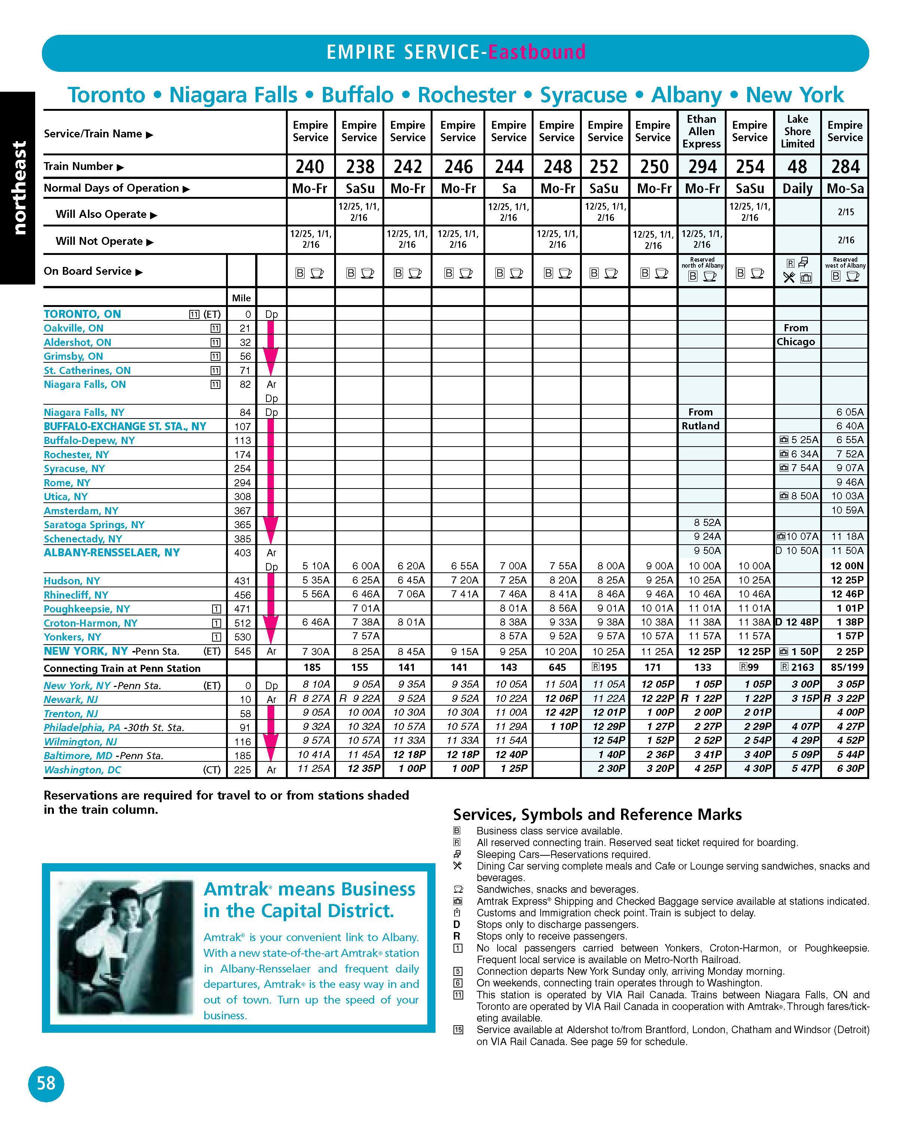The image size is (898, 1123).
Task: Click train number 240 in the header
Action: click(x=310, y=167)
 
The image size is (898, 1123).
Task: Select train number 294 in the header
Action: click(x=702, y=167)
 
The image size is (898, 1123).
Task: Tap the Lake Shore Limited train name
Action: click(x=797, y=132)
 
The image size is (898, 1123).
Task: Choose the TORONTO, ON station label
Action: click(x=82, y=314)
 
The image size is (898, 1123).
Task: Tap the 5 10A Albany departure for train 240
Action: click(x=316, y=566)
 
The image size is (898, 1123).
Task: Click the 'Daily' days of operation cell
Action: click(x=797, y=189)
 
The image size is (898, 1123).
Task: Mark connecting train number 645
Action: click(x=557, y=667)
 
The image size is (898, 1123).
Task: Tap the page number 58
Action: click(x=46, y=1083)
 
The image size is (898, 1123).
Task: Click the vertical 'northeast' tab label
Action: click(x=18, y=188)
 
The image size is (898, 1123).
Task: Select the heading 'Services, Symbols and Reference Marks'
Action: click(x=597, y=815)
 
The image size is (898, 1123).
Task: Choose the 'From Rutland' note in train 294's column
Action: click(x=701, y=419)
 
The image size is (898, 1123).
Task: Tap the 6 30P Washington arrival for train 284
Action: click(x=850, y=768)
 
